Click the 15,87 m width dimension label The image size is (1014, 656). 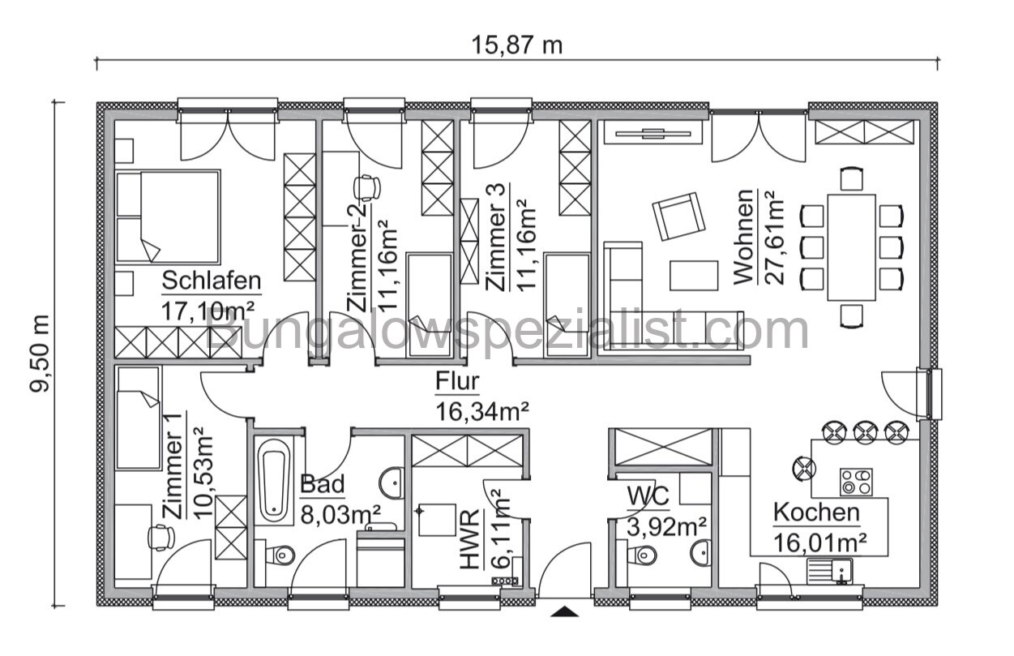pyautogui.click(x=517, y=45)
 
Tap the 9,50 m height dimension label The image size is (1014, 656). pyautogui.click(x=41, y=354)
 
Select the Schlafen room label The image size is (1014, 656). pyautogui.click(x=212, y=281)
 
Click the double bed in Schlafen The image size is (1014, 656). pyautogui.click(x=169, y=215)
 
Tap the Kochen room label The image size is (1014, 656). pyautogui.click(x=816, y=512)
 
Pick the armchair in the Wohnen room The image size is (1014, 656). pyautogui.click(x=678, y=216)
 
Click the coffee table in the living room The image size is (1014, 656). pyautogui.click(x=694, y=275)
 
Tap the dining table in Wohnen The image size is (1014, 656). pyautogui.click(x=851, y=247)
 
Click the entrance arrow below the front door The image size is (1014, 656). pyautogui.click(x=565, y=611)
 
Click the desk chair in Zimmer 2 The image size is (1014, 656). pyautogui.click(x=369, y=187)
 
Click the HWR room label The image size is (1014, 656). pyautogui.click(x=469, y=552)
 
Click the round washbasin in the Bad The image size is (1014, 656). pyautogui.click(x=392, y=482)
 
